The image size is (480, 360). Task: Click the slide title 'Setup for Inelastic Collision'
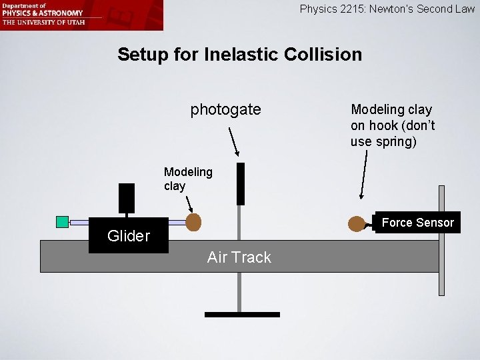239,54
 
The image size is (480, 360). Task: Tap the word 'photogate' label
225,109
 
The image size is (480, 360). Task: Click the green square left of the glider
63,222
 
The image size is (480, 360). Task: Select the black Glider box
128,235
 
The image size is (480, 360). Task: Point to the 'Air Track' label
239,257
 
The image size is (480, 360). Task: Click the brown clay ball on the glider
193,222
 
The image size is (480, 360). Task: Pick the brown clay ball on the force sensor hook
357,224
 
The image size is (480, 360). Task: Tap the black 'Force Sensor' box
417,223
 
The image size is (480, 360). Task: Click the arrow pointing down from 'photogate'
234,141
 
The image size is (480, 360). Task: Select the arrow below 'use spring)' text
364,174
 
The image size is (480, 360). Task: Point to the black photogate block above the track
241,183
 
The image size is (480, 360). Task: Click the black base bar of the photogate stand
242,314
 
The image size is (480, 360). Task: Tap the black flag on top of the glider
127,198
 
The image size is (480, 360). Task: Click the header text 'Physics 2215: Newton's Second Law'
387,9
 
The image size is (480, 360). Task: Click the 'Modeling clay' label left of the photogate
188,179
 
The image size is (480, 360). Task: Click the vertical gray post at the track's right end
441,240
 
